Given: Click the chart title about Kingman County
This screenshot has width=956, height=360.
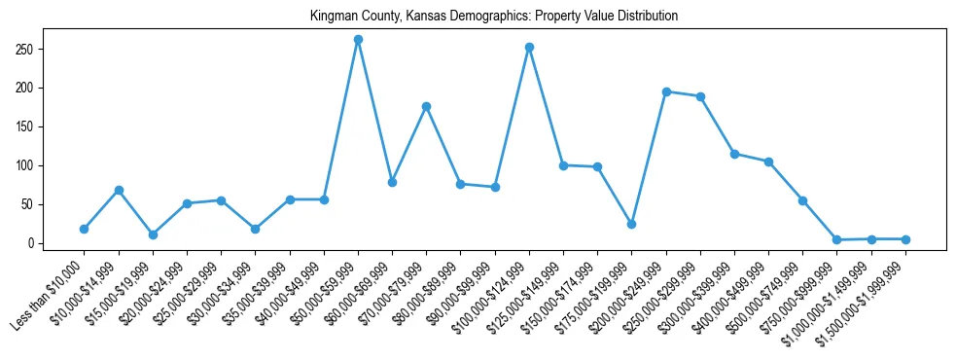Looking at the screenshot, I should pyautogui.click(x=493, y=17).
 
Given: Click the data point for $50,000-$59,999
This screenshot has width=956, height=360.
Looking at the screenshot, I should pyautogui.click(x=358, y=40).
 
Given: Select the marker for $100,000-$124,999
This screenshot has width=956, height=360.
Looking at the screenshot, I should pyautogui.click(x=529, y=47).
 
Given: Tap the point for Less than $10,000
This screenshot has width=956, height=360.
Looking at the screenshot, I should pyautogui.click(x=84, y=229).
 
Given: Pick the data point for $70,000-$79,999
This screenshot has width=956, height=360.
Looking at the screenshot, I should pyautogui.click(x=426, y=106).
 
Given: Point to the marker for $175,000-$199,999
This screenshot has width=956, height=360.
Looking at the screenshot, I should pyautogui.click(x=631, y=224).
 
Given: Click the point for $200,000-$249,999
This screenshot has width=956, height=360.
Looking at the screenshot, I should pyautogui.click(x=666, y=91).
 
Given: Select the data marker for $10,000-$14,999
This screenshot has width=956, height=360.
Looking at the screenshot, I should pyautogui.click(x=119, y=190).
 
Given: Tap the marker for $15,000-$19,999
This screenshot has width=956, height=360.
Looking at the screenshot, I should pyautogui.click(x=153, y=234).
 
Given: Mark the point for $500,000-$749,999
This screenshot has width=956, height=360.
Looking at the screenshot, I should pyautogui.click(x=802, y=200).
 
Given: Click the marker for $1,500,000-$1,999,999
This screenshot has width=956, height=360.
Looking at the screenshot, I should pyautogui.click(x=905, y=239).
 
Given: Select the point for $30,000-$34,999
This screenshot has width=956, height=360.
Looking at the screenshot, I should pyautogui.click(x=255, y=229).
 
